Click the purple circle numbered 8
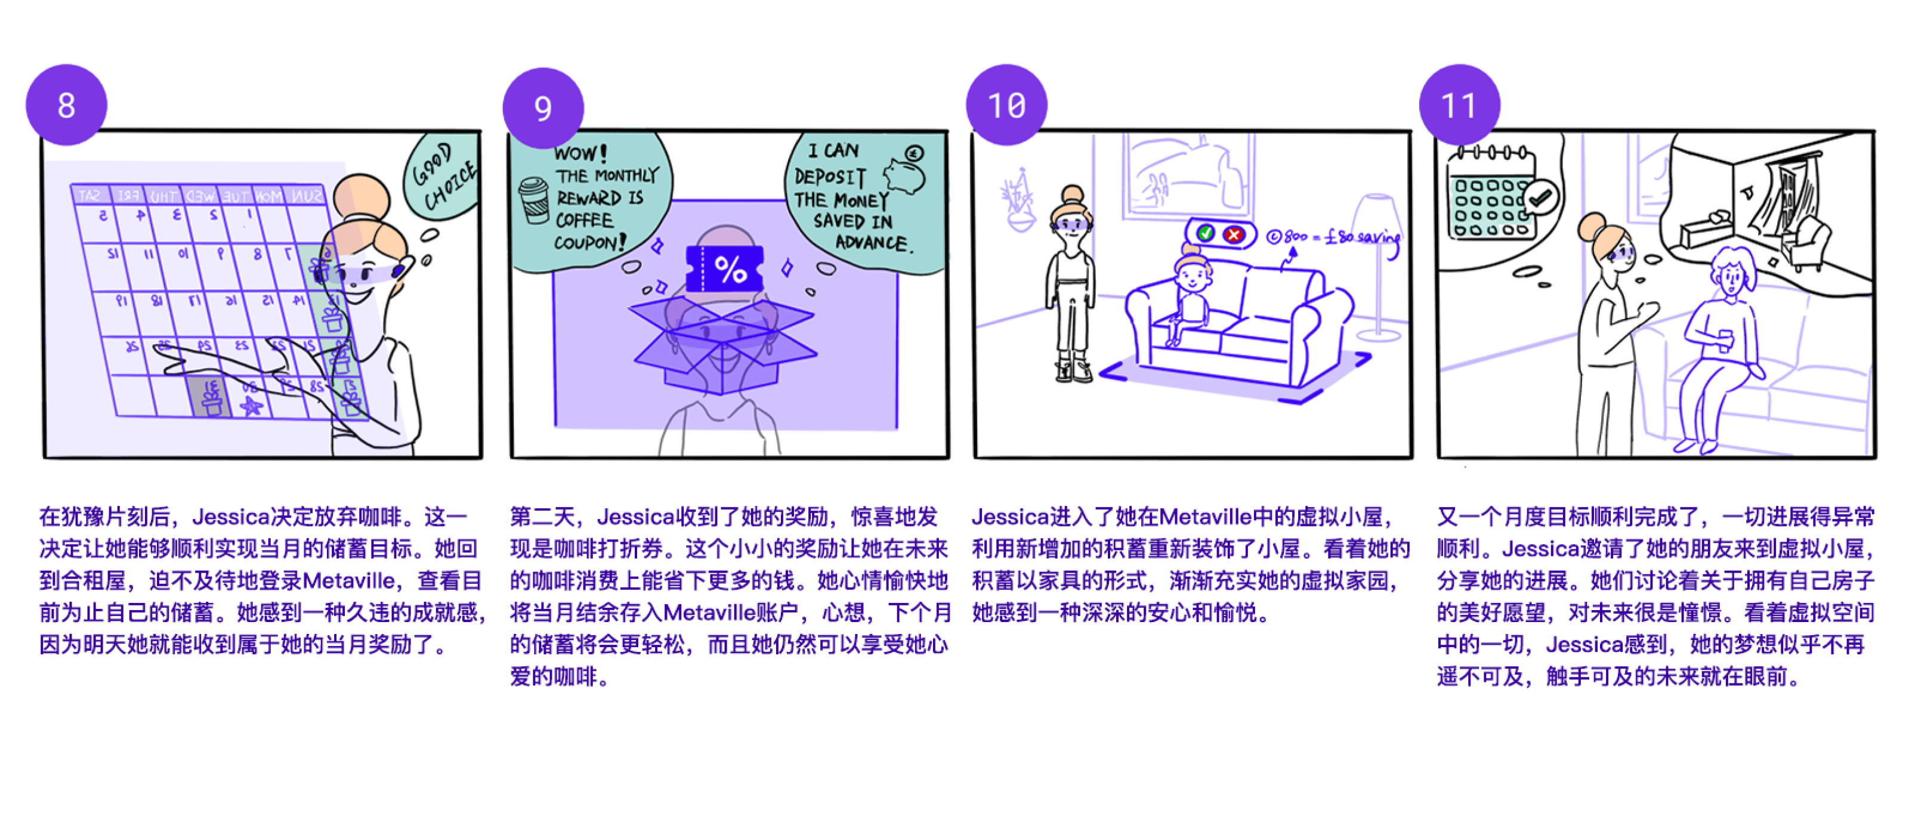pyautogui.click(x=66, y=105)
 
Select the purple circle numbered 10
pyautogui.click(x=1006, y=105)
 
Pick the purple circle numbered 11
pyautogui.click(x=1459, y=105)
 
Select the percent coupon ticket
pyautogui.click(x=724, y=269)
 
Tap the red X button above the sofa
pyautogui.click(x=1233, y=234)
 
